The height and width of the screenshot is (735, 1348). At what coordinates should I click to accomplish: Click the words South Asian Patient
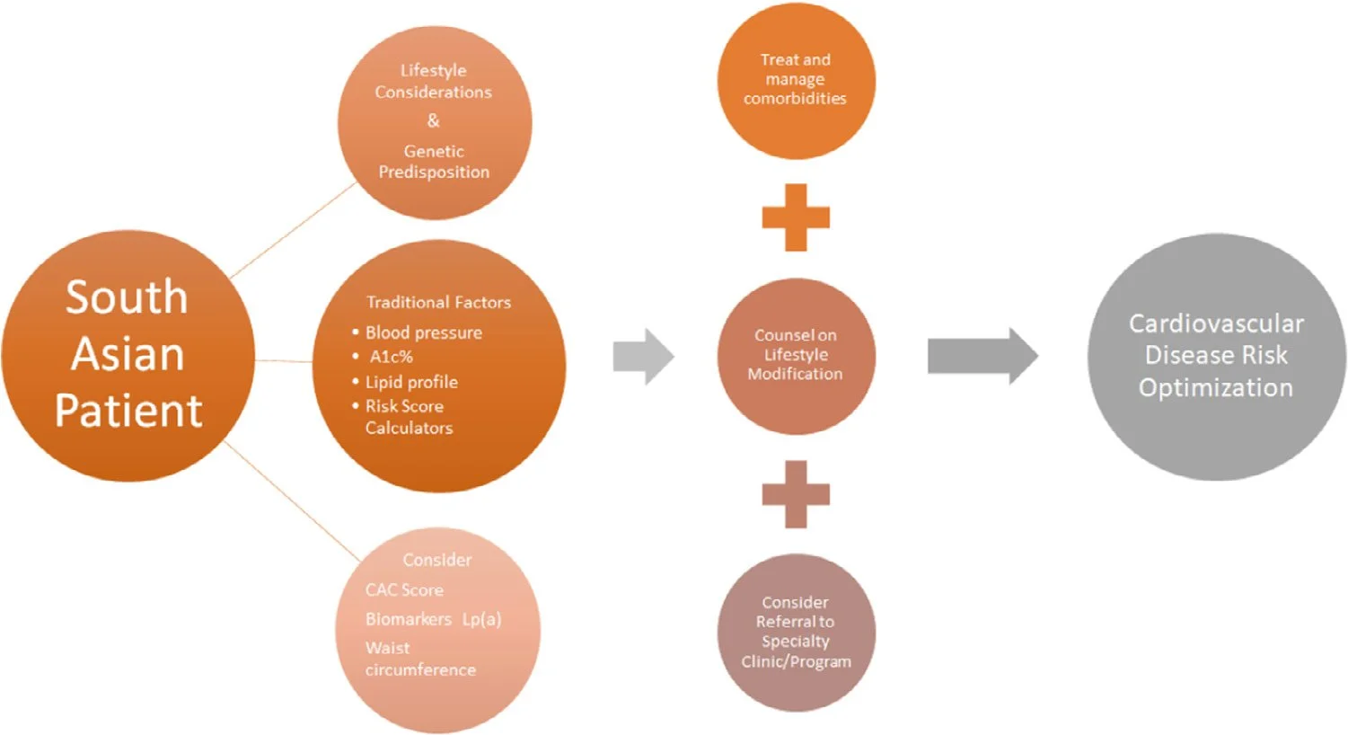click(128, 354)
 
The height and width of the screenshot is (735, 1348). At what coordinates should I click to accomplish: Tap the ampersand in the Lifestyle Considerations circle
click(434, 120)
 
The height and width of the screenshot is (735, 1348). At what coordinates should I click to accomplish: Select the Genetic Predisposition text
click(434, 162)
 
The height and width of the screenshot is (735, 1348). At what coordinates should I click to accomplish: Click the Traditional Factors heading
click(438, 303)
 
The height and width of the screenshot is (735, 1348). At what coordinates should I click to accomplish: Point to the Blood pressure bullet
click(423, 332)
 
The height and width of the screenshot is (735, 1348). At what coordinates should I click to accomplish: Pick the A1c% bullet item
click(392, 357)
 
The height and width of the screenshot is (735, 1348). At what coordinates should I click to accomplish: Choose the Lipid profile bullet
click(411, 382)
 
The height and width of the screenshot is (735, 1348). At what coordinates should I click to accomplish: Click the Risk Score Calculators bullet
click(408, 417)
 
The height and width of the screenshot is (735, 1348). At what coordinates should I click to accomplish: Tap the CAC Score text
click(404, 590)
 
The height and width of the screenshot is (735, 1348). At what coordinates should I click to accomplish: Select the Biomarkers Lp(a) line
click(433, 619)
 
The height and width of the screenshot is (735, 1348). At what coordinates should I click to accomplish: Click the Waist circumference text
click(419, 659)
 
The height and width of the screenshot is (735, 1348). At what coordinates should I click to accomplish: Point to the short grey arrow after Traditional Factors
click(643, 357)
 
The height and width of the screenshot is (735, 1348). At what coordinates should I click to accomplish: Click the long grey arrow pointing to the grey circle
click(982, 357)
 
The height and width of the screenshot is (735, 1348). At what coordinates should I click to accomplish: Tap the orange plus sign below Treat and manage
click(796, 217)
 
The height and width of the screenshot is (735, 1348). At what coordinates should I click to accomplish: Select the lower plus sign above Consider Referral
click(796, 494)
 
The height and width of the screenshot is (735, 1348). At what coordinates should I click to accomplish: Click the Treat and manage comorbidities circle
click(796, 80)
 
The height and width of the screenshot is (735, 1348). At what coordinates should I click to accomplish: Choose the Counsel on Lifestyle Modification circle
click(796, 355)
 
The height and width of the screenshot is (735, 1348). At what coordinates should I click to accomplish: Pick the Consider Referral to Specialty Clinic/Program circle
click(796, 632)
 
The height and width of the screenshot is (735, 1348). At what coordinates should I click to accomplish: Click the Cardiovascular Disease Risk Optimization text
click(1216, 356)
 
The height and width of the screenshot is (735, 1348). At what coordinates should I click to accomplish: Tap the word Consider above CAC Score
click(436, 560)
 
